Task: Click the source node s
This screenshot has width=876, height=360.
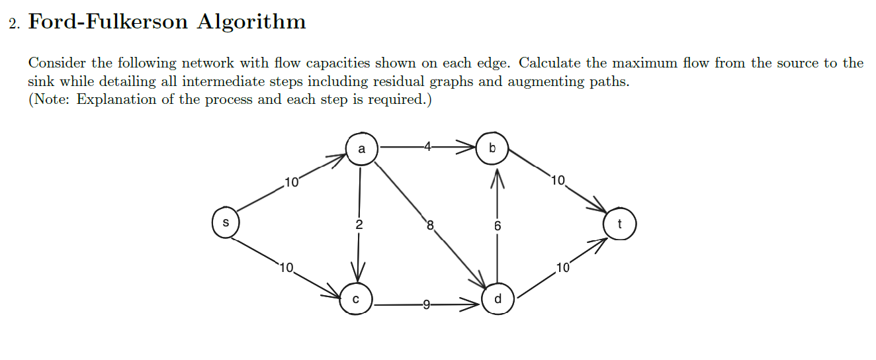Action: point(226,223)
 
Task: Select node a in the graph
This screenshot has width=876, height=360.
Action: point(361,149)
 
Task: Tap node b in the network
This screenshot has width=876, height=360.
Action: point(492,149)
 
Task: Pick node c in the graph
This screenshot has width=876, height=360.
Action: point(356,299)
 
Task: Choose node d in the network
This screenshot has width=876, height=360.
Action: point(498,299)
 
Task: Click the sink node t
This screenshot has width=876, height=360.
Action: point(619,224)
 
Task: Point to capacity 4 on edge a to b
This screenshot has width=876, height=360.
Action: point(428,148)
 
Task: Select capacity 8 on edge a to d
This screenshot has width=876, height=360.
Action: point(429,225)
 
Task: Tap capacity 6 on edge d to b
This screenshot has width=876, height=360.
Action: point(498,226)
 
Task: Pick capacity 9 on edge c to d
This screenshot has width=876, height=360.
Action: point(426,305)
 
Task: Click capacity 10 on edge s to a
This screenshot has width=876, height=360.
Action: point(292,181)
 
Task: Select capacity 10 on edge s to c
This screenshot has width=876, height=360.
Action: point(286,268)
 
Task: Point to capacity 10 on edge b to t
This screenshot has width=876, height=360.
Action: point(557,179)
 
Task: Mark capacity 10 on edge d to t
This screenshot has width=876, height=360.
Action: point(562,268)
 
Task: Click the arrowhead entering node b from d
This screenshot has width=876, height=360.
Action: point(498,177)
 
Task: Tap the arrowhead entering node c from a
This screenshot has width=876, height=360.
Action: point(359,273)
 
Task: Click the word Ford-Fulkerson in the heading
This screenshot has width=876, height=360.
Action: point(108,22)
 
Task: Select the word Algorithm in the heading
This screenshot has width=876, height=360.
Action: point(251,22)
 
